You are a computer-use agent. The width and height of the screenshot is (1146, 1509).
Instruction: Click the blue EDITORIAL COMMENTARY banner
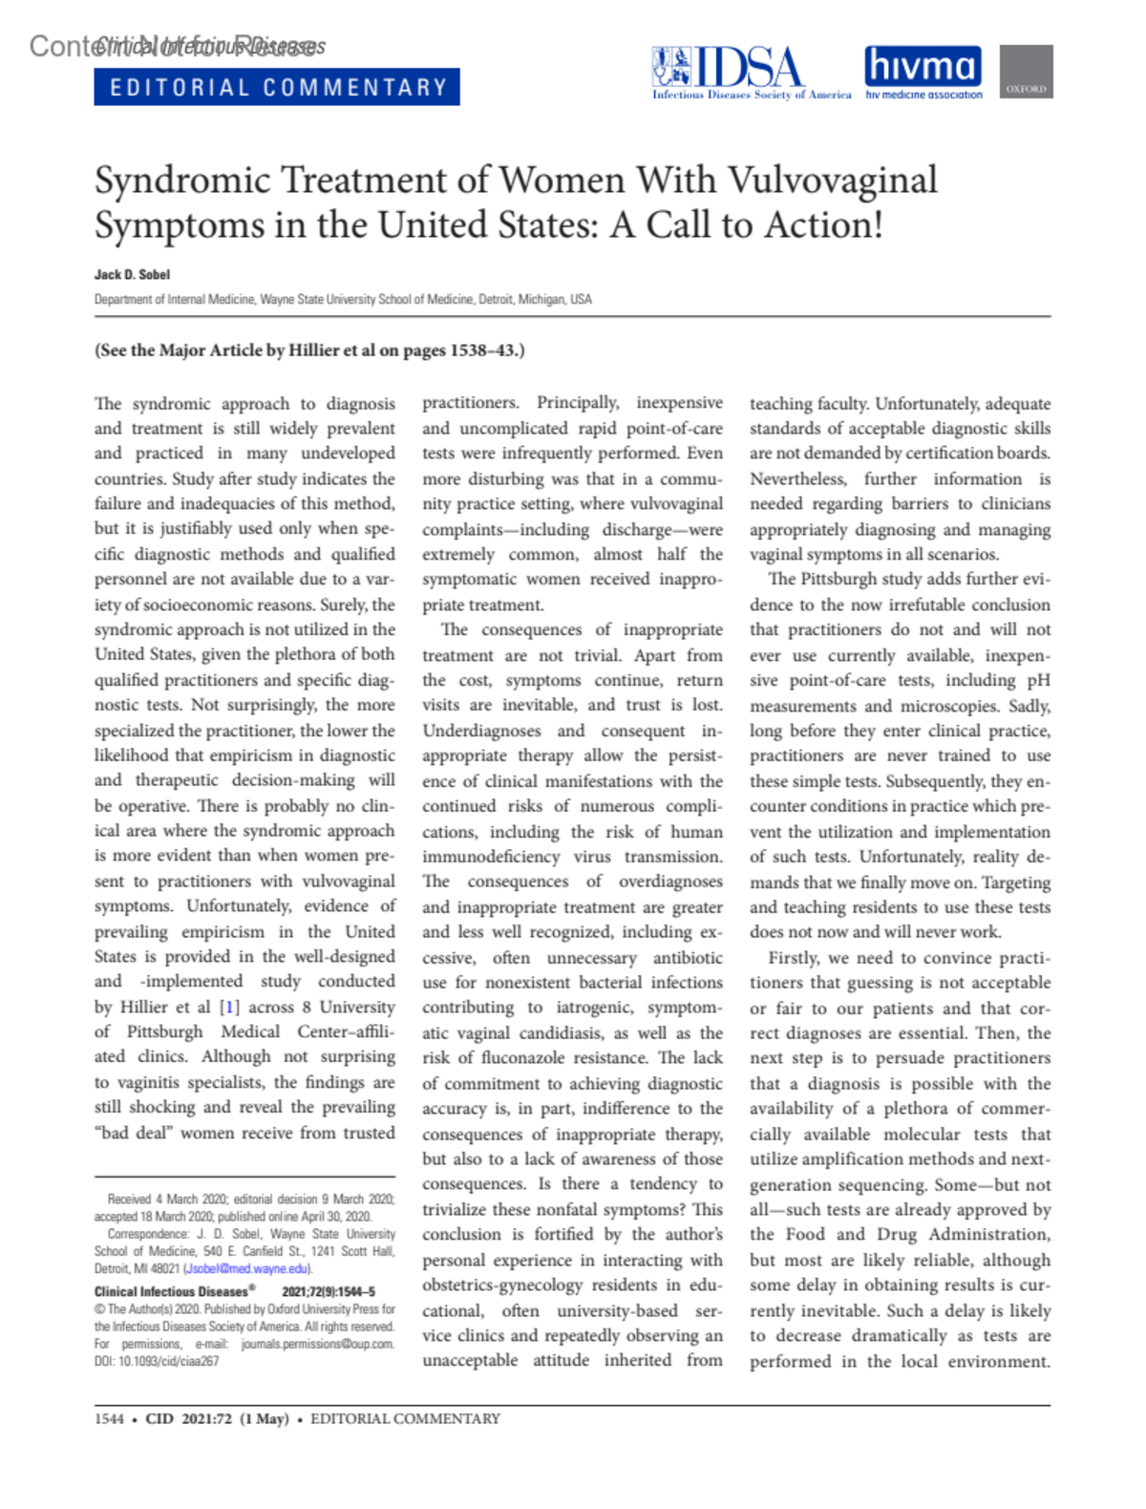(277, 87)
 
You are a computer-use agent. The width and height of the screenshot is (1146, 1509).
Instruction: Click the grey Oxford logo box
(1026, 72)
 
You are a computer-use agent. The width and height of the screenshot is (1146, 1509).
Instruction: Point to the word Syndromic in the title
(182, 181)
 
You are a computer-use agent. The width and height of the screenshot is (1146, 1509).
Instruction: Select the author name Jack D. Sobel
(132, 275)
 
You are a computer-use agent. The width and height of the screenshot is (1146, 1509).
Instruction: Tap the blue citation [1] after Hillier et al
(229, 1007)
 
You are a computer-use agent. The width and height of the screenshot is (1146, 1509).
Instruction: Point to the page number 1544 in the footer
(109, 1419)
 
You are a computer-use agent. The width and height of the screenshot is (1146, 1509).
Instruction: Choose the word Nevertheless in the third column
(797, 478)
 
